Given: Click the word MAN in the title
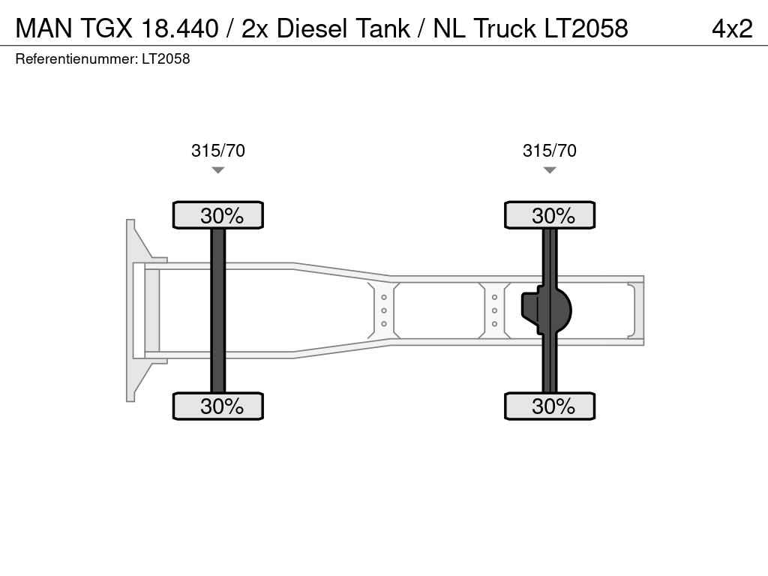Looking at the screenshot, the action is point(44,28).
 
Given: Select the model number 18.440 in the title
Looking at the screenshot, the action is point(179,28).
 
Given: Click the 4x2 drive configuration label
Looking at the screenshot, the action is point(732,28).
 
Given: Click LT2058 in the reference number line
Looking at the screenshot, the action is point(166,58).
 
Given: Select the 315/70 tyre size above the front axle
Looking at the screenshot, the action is point(218,150).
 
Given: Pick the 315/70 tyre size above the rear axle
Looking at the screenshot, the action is point(550,150).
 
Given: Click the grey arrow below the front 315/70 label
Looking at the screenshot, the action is point(218,170).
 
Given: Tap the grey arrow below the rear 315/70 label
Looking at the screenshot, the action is point(550,170).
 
